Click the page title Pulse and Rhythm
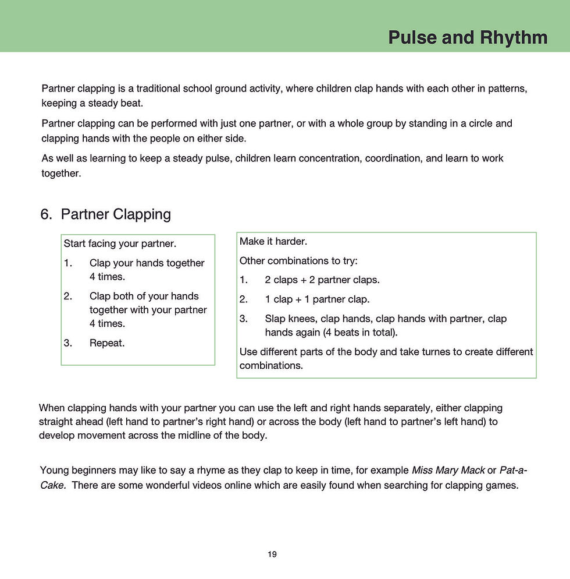[x=468, y=37]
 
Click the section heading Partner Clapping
[x=116, y=214]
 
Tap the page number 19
[x=272, y=554]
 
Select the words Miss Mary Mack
[x=448, y=470]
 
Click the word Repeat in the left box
[x=107, y=343]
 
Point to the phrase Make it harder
[x=273, y=241]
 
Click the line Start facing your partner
[x=120, y=243]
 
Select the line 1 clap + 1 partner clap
[x=317, y=299]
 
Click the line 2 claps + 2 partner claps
[x=322, y=280]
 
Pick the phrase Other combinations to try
[x=298, y=261]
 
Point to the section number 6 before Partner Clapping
[x=45, y=214]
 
